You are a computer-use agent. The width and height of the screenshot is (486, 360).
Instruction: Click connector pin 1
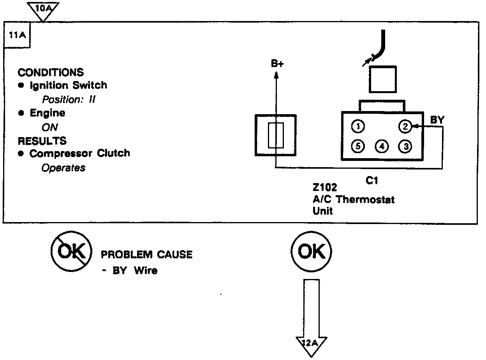coord(358,126)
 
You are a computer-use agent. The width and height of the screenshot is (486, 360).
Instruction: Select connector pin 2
coord(405,126)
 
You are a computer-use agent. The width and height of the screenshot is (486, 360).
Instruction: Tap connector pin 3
coord(405,146)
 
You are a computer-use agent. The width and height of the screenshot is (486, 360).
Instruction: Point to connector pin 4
coord(382,146)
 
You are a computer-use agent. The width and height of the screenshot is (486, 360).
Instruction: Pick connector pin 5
coord(358,146)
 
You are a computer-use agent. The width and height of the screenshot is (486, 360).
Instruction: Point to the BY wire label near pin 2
coord(437,120)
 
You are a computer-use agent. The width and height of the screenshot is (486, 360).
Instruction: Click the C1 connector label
coord(372,180)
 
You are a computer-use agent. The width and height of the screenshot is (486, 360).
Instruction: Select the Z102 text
coord(325,188)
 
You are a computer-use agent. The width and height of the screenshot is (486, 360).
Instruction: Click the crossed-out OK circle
coord(71,252)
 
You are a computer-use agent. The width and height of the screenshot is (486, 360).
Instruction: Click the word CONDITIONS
coord(51,72)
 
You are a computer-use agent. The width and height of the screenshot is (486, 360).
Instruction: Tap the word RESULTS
coord(42,141)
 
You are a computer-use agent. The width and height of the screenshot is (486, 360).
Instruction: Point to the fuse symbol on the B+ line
coord(276,135)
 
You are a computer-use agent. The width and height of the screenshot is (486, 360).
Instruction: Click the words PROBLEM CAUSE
coord(146,255)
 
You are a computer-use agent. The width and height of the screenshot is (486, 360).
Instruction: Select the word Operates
coord(63,168)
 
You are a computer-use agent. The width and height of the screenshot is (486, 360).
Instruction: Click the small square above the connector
coord(382,79)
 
